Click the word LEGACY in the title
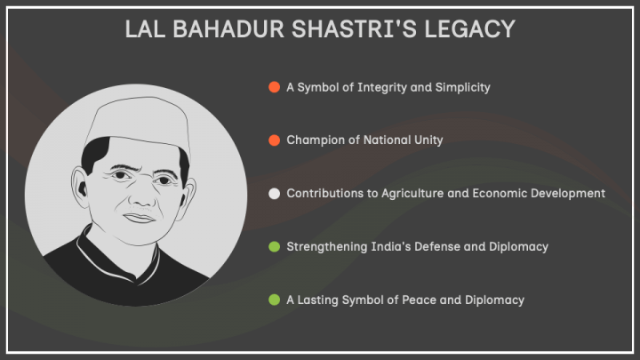[x=469, y=29]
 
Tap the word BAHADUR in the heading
[x=228, y=29]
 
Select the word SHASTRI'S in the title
[x=354, y=29]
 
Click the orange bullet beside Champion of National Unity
[x=275, y=140]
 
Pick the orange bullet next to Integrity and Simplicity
[x=275, y=87]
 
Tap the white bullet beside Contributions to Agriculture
[x=275, y=194]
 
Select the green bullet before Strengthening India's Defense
[x=275, y=246]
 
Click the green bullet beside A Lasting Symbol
[x=275, y=300]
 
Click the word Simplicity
[x=462, y=87]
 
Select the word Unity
[x=428, y=140]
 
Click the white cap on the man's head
[x=138, y=124]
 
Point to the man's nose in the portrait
[x=140, y=196]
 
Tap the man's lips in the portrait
[x=140, y=219]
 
